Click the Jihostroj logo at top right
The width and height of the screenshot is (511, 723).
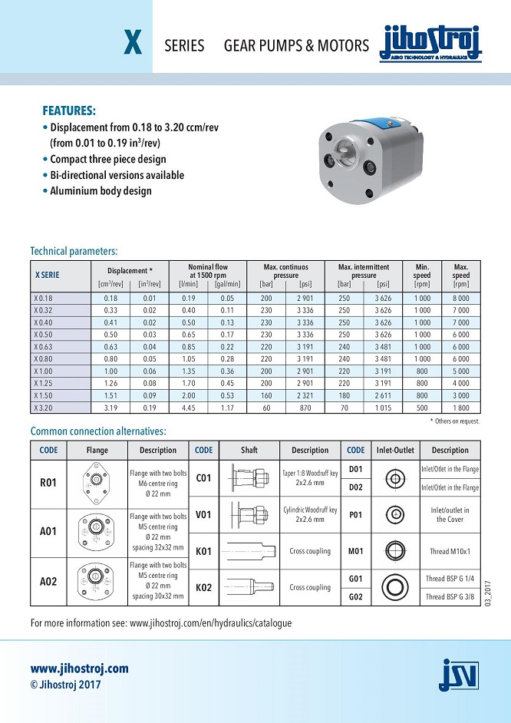click(x=430, y=44)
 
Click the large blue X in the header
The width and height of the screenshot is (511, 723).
click(x=133, y=45)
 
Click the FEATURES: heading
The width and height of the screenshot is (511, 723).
click(x=69, y=111)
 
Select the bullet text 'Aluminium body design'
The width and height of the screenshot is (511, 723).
click(x=101, y=191)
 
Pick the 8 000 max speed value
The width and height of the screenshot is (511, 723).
click(x=460, y=298)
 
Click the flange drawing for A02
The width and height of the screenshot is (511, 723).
click(x=97, y=581)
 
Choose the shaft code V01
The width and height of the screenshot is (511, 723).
click(x=203, y=515)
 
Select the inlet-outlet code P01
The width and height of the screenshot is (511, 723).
click(x=356, y=515)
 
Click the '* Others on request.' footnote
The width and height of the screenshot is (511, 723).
click(x=454, y=421)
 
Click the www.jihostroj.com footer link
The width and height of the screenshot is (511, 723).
click(x=79, y=669)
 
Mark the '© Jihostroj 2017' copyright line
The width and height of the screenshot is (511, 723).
click(x=65, y=685)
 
